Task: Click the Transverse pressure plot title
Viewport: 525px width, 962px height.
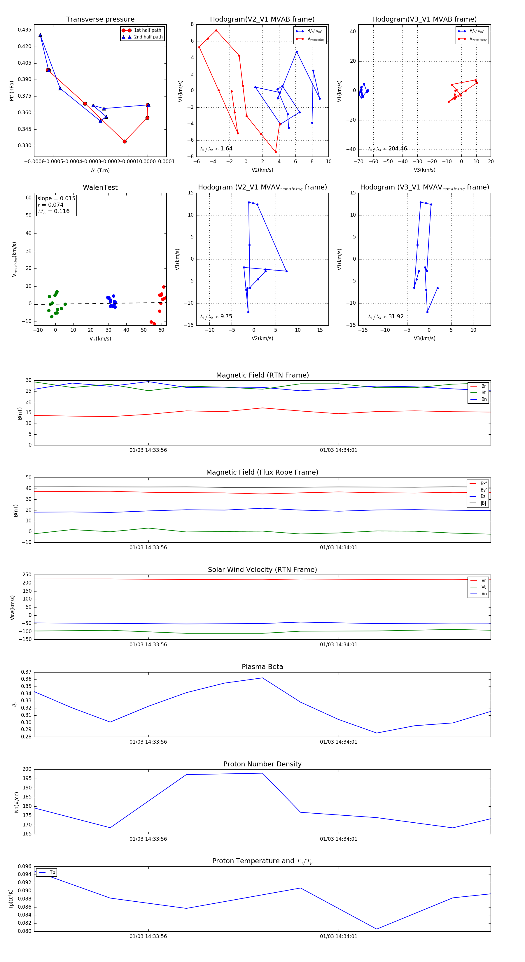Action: tap(100, 20)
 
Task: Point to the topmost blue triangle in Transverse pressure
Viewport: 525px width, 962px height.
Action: tap(40, 35)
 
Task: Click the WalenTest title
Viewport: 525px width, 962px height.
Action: tap(100, 187)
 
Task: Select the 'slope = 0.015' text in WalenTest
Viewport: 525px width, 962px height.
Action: tap(56, 198)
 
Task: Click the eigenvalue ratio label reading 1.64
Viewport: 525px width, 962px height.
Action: tap(216, 149)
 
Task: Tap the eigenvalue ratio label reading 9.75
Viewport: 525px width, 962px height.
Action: tap(216, 317)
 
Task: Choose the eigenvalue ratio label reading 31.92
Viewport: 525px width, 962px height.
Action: tap(386, 317)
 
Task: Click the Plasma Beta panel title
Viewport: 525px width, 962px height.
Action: tap(262, 667)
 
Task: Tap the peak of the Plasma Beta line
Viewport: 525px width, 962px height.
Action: tap(262, 678)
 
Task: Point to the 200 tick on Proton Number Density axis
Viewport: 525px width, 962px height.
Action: tap(27, 769)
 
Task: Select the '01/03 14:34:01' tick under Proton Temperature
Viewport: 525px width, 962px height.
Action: tap(339, 936)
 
